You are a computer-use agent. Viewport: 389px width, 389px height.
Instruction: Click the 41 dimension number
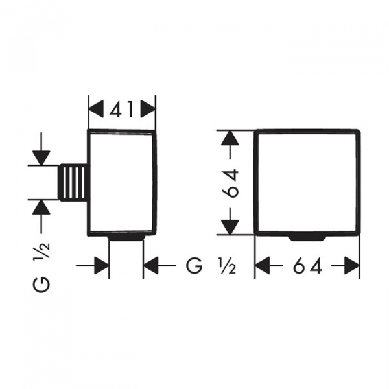click(x=122, y=109)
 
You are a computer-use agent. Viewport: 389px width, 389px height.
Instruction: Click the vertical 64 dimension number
click(x=230, y=183)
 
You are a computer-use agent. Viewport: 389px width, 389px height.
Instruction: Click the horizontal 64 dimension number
click(x=307, y=265)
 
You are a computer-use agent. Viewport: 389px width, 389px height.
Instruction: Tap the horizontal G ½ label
click(x=211, y=265)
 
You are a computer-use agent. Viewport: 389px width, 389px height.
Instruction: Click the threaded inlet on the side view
click(x=73, y=182)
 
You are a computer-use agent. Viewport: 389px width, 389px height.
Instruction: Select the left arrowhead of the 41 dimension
click(x=96, y=109)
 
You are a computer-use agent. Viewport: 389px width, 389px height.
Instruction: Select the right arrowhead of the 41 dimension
click(x=148, y=109)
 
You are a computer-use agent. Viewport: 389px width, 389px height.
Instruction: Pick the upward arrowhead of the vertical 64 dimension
click(x=230, y=137)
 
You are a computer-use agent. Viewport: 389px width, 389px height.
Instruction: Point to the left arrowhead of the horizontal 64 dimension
click(x=263, y=265)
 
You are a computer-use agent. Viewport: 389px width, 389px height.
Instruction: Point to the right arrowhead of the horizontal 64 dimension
click(x=352, y=265)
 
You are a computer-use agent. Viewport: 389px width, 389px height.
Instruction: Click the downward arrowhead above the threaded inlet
click(x=41, y=158)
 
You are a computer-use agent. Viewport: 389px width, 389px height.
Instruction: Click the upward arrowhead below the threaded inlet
click(x=41, y=207)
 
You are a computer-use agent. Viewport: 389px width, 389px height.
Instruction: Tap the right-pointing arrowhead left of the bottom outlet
click(x=102, y=265)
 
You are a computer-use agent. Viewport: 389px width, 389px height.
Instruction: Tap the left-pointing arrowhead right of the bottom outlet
click(x=150, y=265)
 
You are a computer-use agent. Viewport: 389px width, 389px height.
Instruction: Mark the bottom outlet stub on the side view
click(x=126, y=238)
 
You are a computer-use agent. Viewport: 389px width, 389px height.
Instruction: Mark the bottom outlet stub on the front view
click(x=307, y=238)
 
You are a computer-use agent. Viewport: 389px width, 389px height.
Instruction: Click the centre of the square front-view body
click(x=307, y=182)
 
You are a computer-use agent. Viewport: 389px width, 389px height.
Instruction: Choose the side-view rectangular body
click(x=122, y=182)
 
